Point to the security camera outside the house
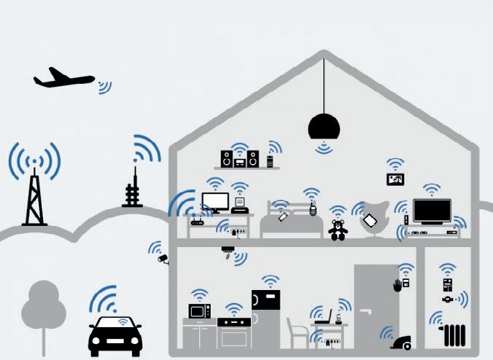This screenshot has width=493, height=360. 163,258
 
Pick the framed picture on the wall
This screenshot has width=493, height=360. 395,179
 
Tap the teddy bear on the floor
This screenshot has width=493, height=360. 338,230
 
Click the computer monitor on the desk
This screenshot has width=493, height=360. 215,202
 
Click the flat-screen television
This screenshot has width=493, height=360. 431,211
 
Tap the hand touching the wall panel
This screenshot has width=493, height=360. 397,285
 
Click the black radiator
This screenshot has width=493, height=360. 454,336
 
